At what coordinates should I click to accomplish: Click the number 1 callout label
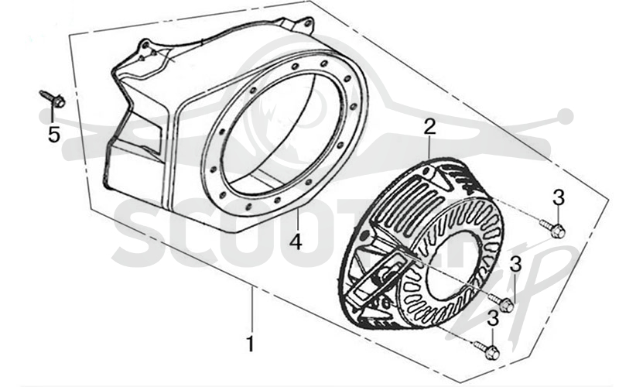[x=250, y=344]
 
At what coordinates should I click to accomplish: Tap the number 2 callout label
[x=429, y=128]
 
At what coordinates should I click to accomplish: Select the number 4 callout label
[x=296, y=241]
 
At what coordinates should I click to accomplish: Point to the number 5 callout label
[x=53, y=134]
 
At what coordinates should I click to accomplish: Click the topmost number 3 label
[x=558, y=198]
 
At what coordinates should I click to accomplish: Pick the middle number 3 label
[x=515, y=264]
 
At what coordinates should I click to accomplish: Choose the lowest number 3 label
[x=493, y=319]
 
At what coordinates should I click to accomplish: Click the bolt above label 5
[x=53, y=99]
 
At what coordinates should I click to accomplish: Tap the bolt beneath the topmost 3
[x=552, y=228]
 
